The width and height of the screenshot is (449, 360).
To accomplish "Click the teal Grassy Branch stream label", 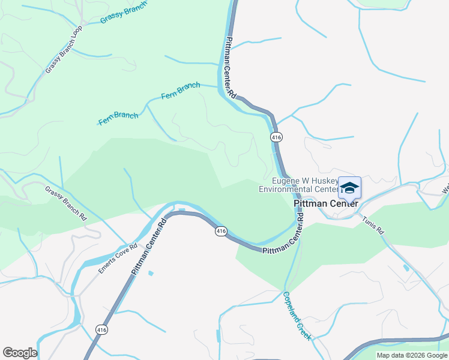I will pos(124,12).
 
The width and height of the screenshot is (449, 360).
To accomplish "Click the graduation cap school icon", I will pos(349,188).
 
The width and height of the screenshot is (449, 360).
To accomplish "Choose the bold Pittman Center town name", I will pos(326,204).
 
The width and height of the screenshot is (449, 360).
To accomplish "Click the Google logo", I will pos(20,353).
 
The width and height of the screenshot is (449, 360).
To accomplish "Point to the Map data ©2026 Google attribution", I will pos(412,355).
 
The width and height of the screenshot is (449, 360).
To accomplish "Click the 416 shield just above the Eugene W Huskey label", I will pos(276,137).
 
